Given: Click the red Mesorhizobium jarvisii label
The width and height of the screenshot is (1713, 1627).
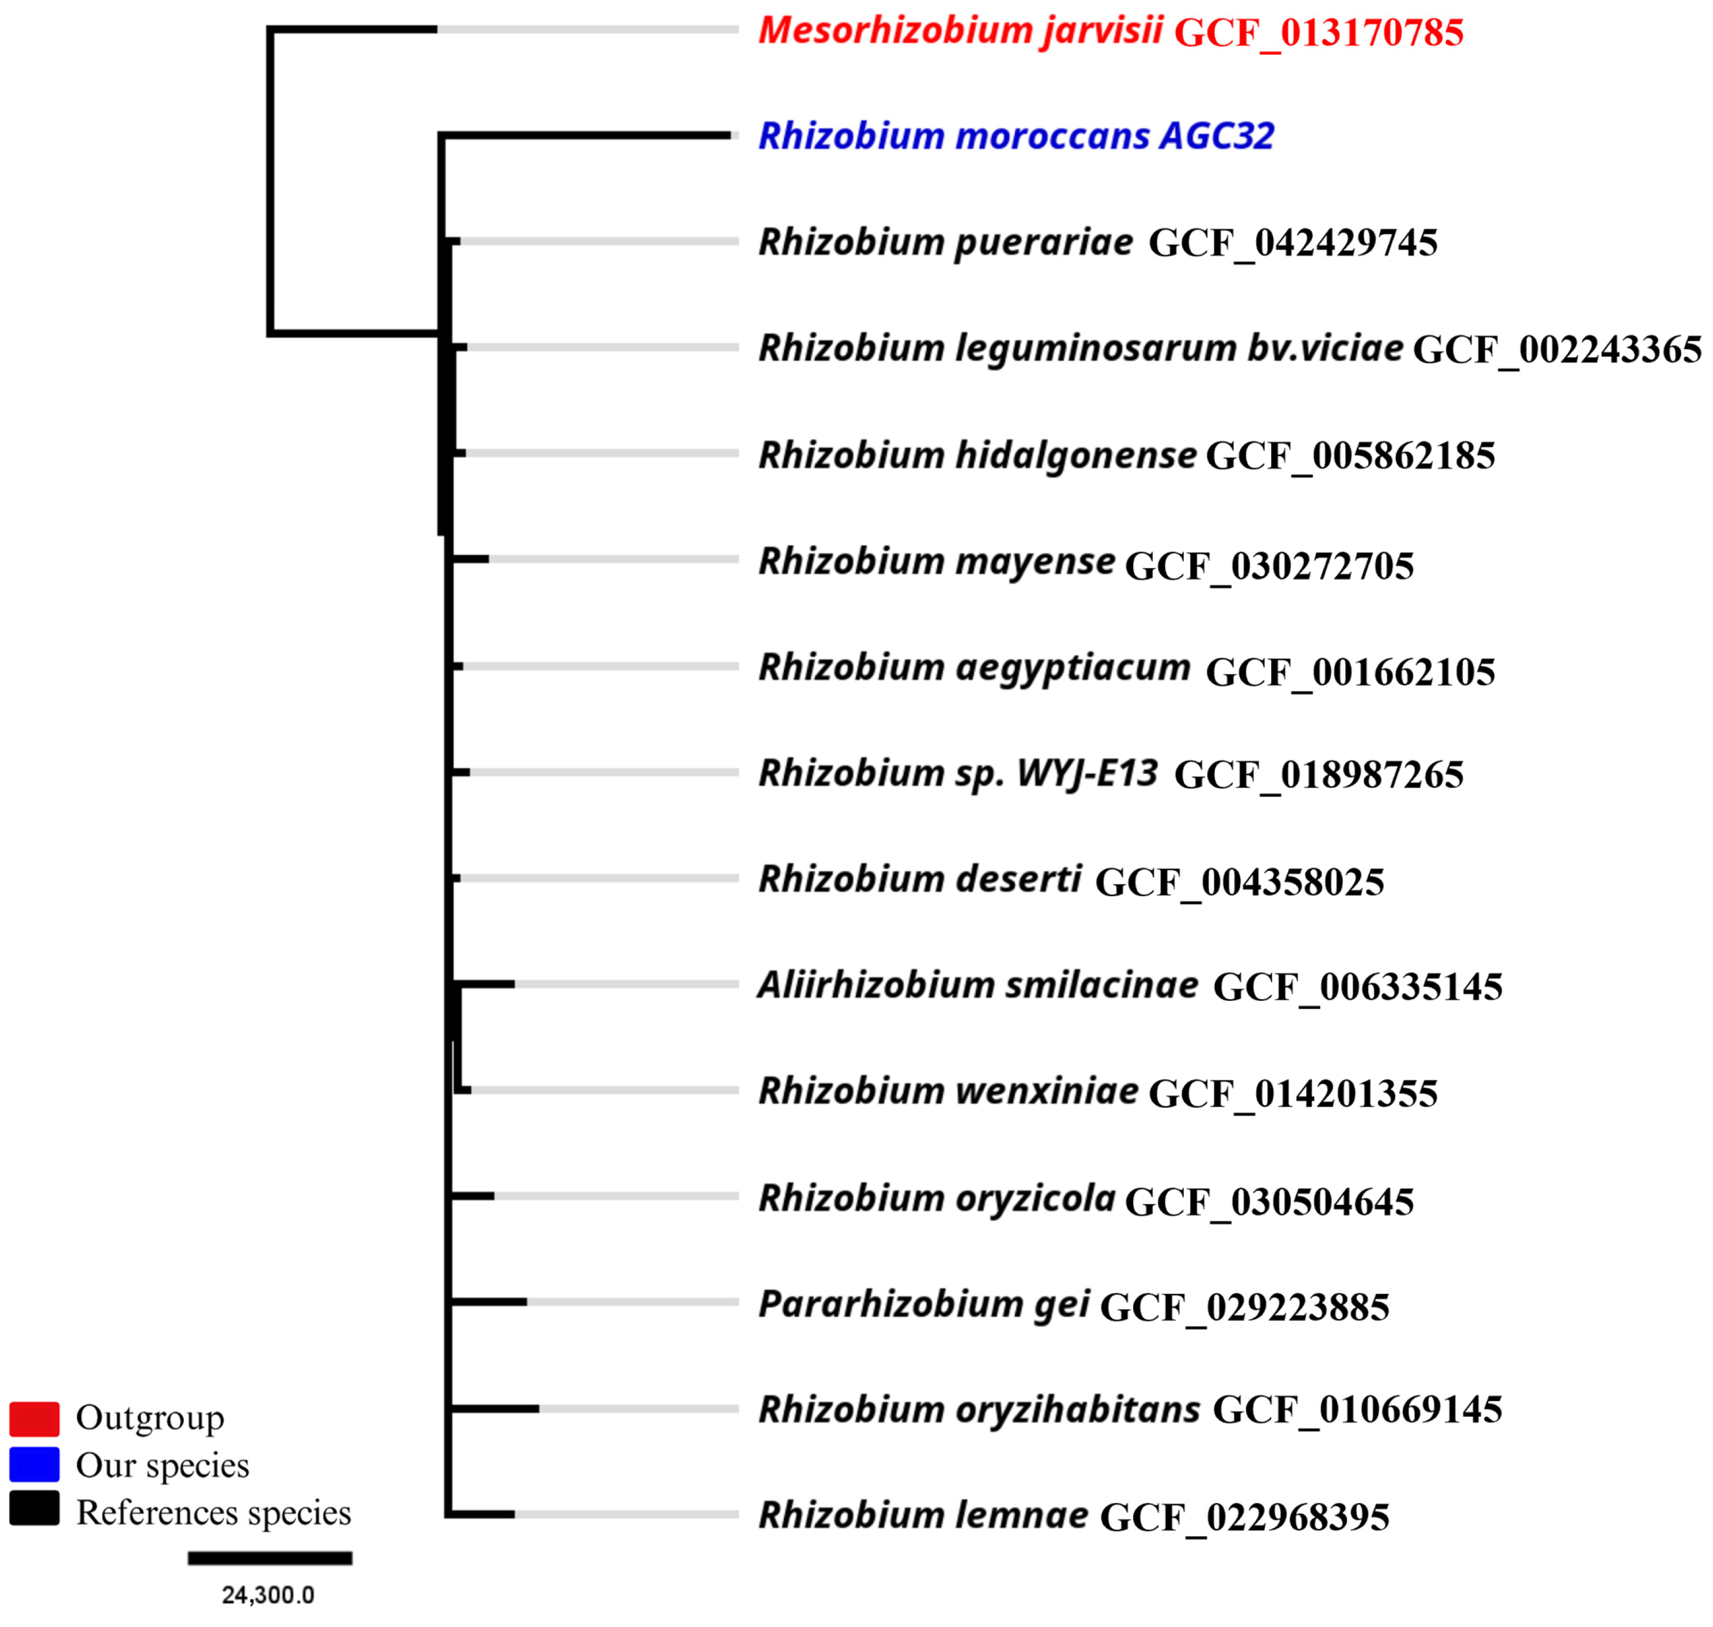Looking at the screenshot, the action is (x=960, y=31).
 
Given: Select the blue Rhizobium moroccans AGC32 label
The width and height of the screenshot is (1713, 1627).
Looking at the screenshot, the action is (x=1015, y=136).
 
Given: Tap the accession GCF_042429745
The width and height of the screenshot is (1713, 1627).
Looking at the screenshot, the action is (x=1292, y=244).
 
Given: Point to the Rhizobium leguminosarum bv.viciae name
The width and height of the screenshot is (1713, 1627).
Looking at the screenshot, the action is (x=1080, y=349).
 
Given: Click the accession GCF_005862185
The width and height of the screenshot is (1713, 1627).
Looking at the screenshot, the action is (x=1350, y=456).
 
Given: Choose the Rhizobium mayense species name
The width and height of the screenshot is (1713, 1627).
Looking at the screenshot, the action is (x=937, y=562).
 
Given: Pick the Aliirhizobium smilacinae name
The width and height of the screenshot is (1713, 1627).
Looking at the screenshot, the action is (x=977, y=986).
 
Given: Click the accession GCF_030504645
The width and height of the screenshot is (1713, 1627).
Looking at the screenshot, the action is (x=1269, y=1202).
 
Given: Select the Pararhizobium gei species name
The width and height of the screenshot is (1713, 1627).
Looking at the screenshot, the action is (x=923, y=1304).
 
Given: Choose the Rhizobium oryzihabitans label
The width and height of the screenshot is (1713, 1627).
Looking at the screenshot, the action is (x=979, y=1410).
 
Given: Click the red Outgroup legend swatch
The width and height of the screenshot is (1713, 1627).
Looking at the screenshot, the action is (x=34, y=1420).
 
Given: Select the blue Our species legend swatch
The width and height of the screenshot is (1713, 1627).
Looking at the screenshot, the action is (x=34, y=1465).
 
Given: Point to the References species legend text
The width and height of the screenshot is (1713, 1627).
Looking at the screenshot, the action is (x=213, y=1513).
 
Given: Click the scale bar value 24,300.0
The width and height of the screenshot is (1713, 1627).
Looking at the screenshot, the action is (x=268, y=1595).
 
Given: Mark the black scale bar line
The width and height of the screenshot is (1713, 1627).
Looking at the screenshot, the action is (x=270, y=1559).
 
